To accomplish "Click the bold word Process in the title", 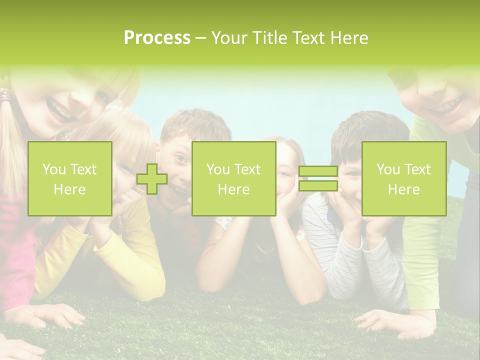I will click(x=157, y=38).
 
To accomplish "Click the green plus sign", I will click(x=152, y=179).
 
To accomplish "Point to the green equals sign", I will click(x=318, y=179).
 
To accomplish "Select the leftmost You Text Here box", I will click(x=70, y=179).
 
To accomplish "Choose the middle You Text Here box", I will click(x=233, y=179).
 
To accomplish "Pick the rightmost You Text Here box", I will click(x=403, y=179).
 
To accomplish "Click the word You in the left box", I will click(x=52, y=169).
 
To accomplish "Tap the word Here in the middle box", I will click(x=233, y=189).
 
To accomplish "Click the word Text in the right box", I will click(x=417, y=169).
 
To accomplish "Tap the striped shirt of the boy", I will click(x=325, y=235).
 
